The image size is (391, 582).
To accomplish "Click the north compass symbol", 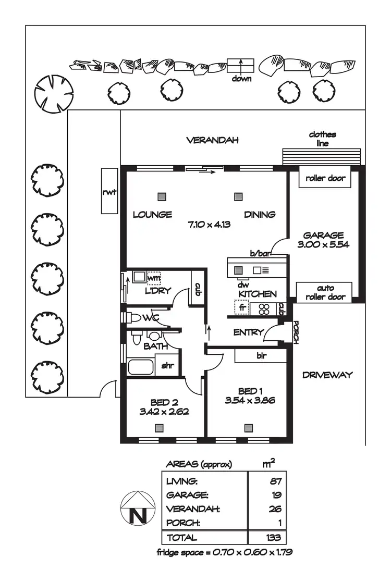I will [138, 507].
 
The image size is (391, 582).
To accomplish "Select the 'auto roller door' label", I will [324, 293].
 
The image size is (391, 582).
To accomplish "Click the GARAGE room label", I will [324, 236].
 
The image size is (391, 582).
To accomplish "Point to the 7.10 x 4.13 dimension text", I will [209, 225].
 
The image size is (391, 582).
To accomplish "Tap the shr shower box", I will [167, 365].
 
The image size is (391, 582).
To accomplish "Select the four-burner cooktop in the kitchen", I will [263, 309].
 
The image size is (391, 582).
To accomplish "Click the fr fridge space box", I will [242, 308].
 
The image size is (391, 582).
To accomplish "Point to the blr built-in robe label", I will [261, 356].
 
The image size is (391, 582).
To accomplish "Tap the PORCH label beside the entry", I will [296, 332].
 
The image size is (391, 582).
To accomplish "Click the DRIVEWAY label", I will [327, 375].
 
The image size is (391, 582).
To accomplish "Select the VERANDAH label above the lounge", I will [212, 140].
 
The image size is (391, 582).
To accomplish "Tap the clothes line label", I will [322, 139].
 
